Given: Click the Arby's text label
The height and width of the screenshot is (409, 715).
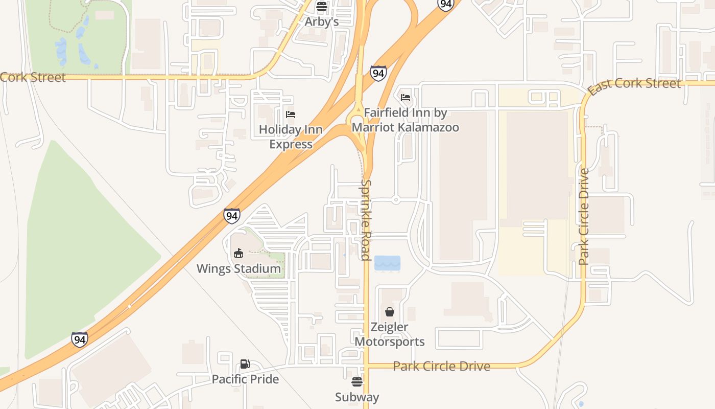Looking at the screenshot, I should coord(321,21).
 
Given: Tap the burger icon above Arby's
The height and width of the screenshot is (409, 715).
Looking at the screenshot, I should coord(321,7).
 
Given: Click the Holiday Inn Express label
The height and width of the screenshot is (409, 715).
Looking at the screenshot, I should coord(291,137).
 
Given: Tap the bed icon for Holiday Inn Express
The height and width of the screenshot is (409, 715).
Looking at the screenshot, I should coord(291,114).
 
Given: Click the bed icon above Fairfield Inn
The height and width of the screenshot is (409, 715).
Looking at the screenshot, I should coord(406,97).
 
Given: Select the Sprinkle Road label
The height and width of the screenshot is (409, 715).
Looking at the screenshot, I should coord(366,220).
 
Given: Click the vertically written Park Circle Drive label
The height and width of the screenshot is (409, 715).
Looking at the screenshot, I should coord(584,216).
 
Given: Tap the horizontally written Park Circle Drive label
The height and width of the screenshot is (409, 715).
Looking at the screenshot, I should coord(441,366).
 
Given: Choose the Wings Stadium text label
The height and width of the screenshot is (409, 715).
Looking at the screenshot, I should coord(239,268).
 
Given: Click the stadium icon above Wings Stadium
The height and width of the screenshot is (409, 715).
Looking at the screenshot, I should coord(239,253).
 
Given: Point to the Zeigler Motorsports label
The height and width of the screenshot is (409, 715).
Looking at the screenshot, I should coord(389,334).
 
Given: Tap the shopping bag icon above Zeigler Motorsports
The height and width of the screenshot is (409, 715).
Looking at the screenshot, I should coord(390,311).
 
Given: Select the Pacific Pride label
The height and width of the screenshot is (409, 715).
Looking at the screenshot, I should coord(245,379).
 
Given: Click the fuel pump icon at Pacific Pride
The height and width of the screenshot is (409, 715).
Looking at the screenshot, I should coord(245,364).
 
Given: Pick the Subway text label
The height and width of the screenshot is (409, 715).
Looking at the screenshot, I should coord(357,397).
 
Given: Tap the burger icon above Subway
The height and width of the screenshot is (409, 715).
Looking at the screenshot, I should coord(357,381).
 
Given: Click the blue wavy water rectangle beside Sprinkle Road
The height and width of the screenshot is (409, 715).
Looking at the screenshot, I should coord(387,263).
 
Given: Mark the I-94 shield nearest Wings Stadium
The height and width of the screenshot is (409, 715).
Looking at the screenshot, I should coord(232,216).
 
